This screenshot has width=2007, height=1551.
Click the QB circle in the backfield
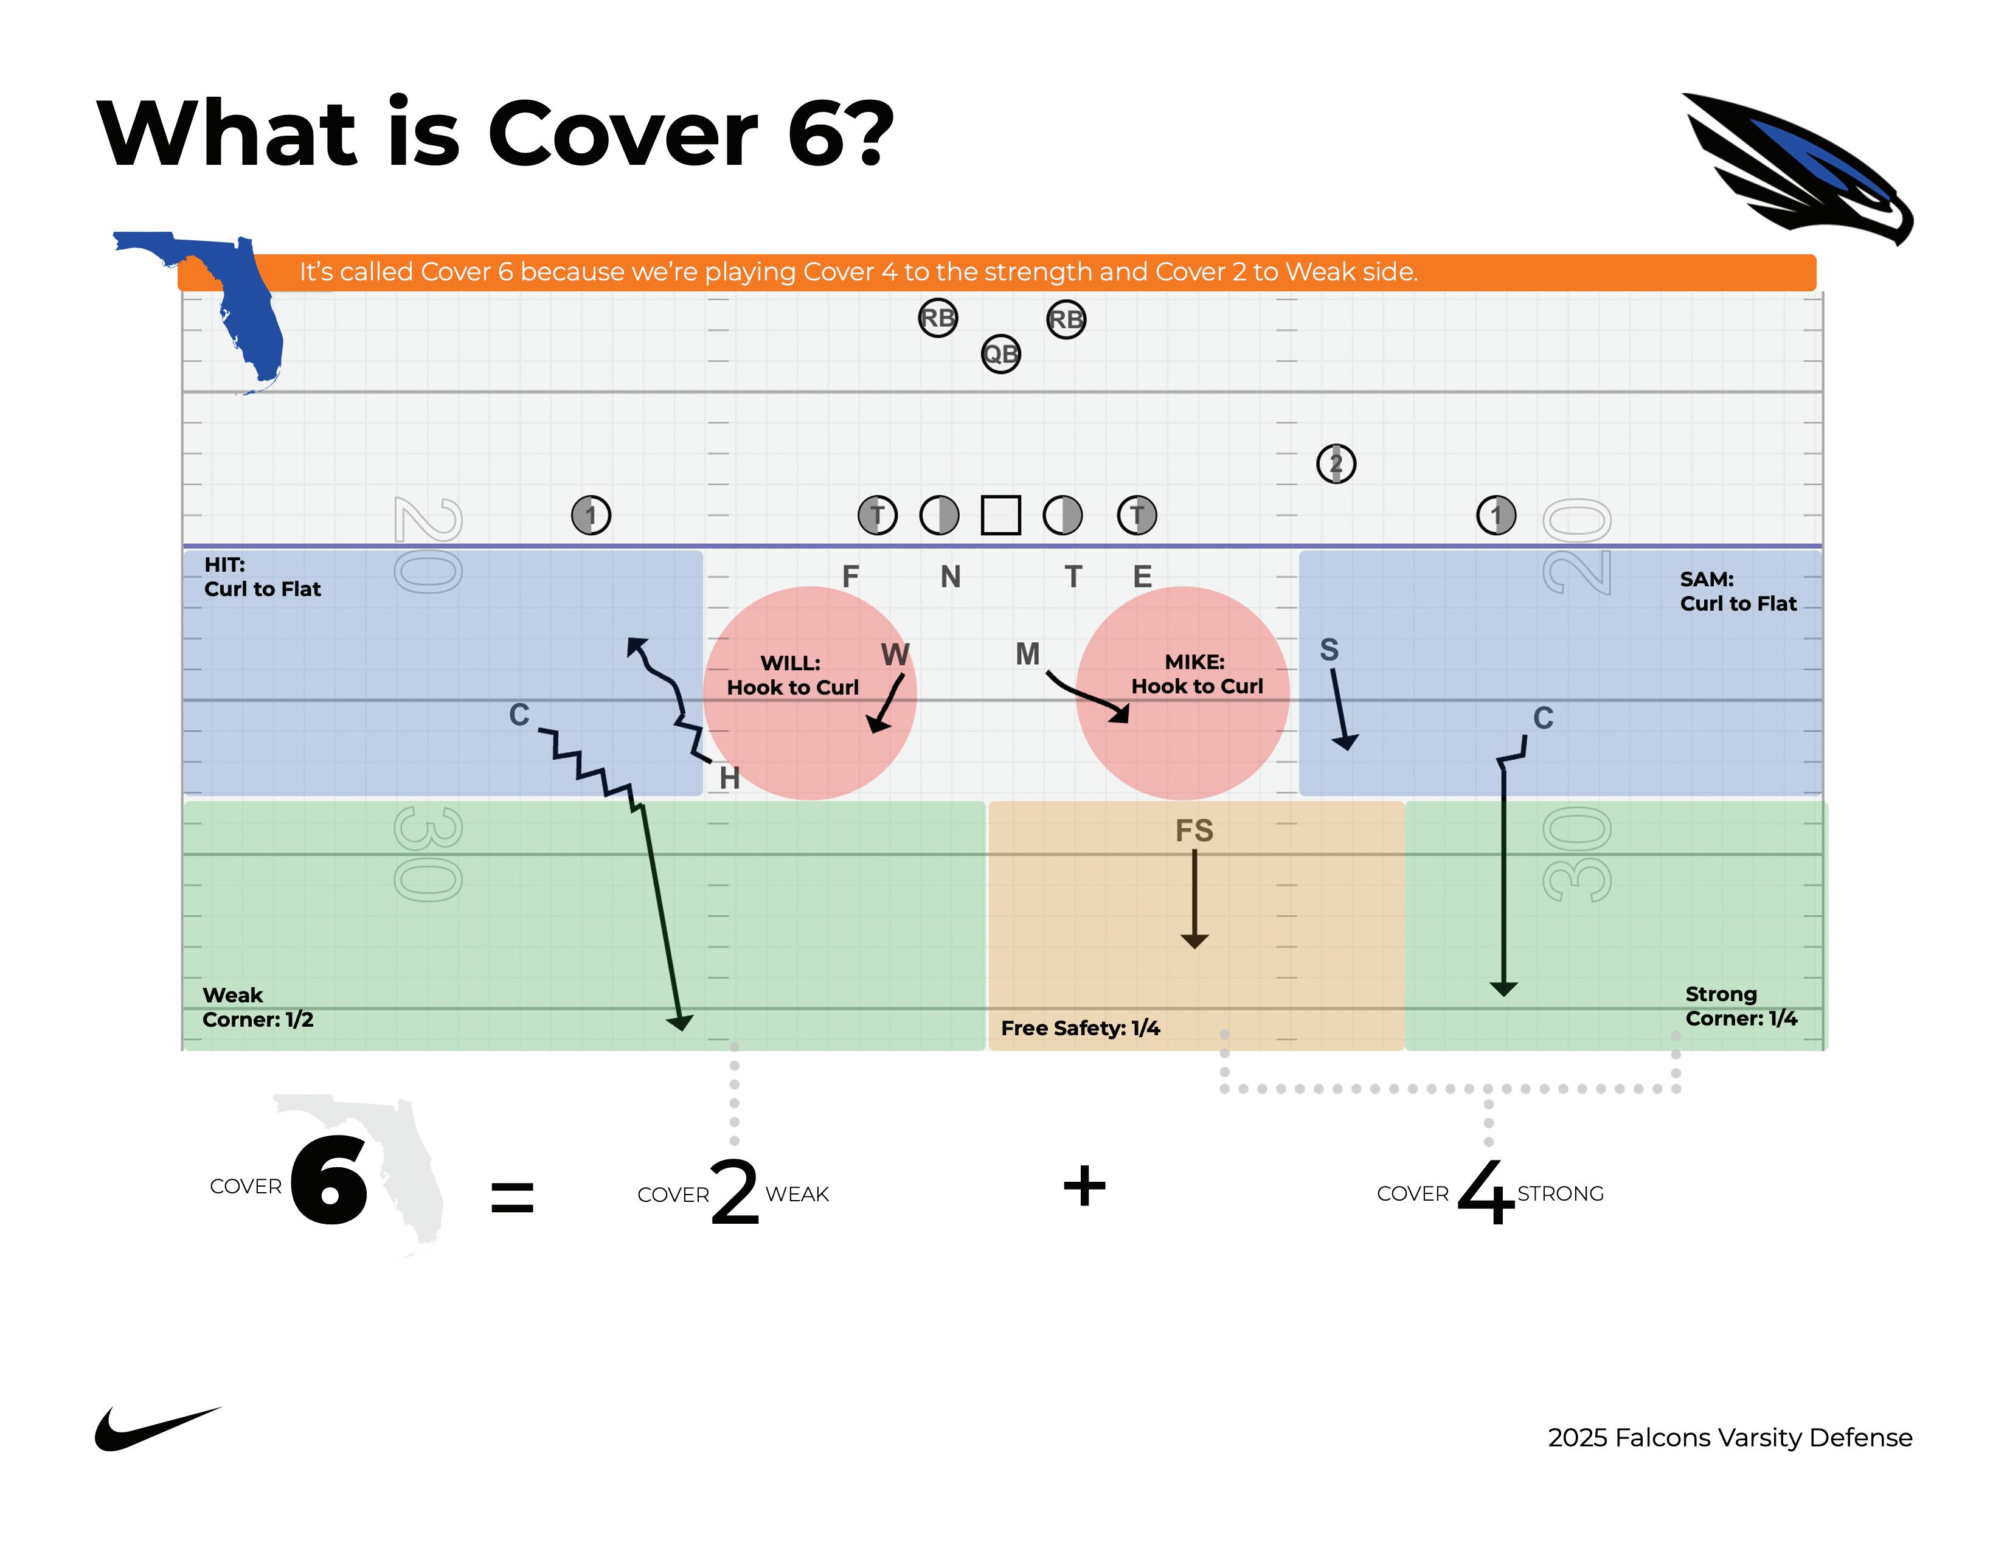click(1000, 354)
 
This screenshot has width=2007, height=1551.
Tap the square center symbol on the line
click(1000, 515)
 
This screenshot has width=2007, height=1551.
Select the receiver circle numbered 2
click(1336, 464)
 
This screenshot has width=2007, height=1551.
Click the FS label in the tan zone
click(1194, 831)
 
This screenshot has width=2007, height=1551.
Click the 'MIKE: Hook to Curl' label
click(1196, 675)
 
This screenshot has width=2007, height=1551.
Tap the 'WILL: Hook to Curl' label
click(792, 675)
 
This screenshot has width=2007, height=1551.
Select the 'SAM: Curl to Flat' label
click(1738, 591)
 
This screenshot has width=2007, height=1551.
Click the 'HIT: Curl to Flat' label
click(262, 577)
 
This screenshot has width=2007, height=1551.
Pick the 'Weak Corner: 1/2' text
click(257, 1007)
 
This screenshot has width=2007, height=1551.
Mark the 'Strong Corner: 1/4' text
click(1741, 1006)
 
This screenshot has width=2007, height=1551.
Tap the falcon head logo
click(1797, 170)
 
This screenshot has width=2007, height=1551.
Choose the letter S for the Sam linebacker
click(1329, 650)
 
